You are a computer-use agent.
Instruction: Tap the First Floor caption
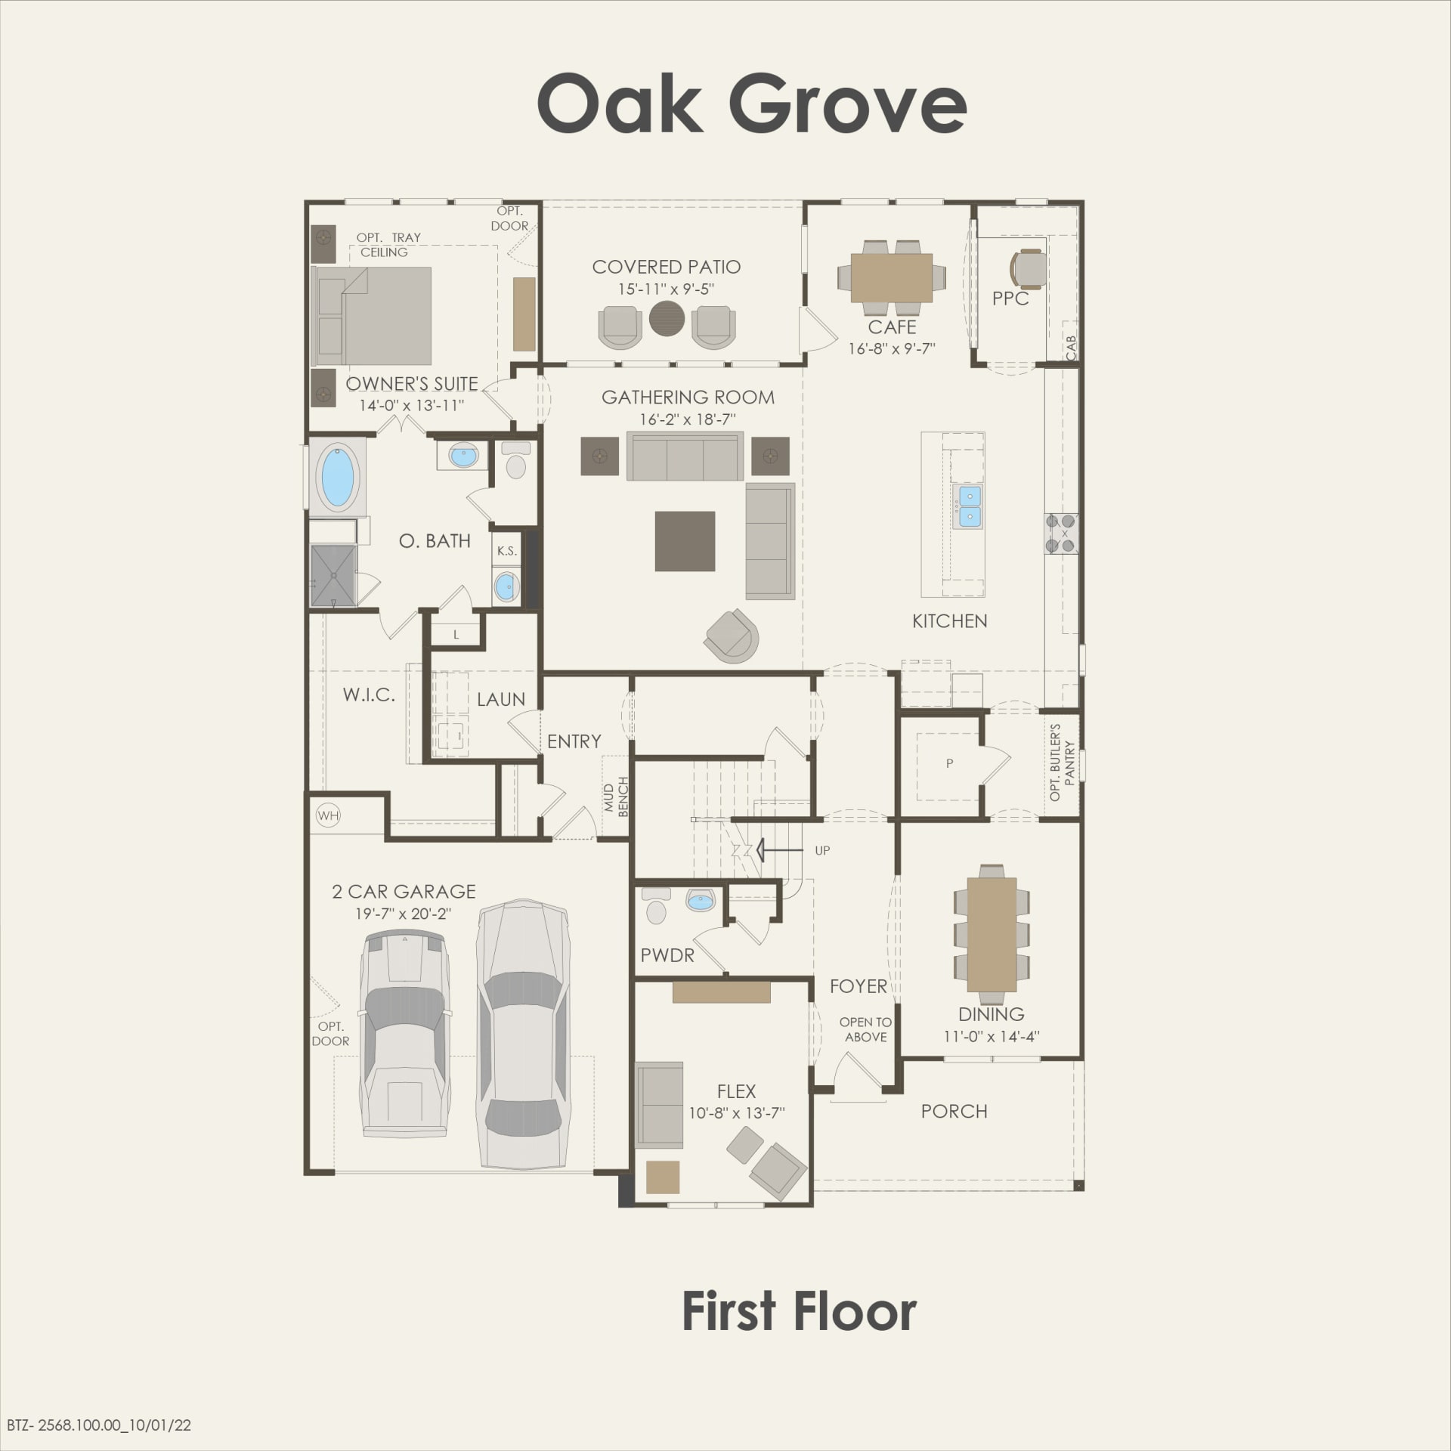(x=799, y=1312)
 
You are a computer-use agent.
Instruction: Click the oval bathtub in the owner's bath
(x=338, y=478)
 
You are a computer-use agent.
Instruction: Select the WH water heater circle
(x=328, y=815)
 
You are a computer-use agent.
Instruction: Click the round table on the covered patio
(x=667, y=317)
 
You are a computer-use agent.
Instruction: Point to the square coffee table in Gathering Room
(x=685, y=541)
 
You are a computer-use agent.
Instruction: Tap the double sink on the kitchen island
(x=970, y=506)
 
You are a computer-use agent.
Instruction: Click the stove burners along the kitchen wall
(x=1061, y=533)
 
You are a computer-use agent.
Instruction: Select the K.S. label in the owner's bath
(x=506, y=551)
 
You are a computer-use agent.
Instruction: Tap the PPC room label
(x=1010, y=299)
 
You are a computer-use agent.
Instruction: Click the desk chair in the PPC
(x=1028, y=268)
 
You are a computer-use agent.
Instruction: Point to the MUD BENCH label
(x=616, y=797)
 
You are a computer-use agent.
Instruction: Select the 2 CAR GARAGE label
(x=404, y=892)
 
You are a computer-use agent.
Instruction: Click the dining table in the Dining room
(x=992, y=933)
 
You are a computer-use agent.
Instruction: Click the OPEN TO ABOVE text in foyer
(x=865, y=1029)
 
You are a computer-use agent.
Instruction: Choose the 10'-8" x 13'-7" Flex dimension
(x=736, y=1113)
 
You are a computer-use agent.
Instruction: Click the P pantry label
(x=949, y=763)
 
